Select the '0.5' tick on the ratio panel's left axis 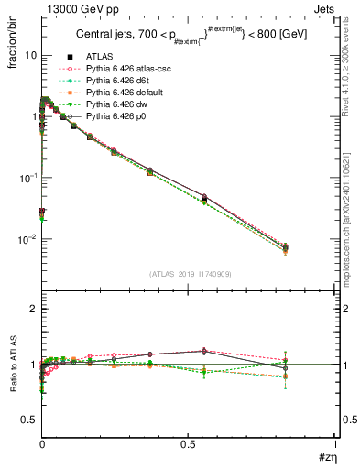pos(31,420)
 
